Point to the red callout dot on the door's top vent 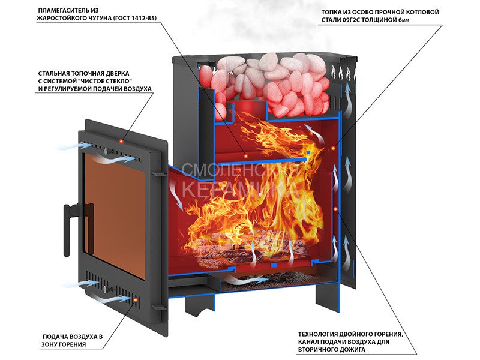point(122,141)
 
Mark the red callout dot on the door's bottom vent point(136,299)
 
